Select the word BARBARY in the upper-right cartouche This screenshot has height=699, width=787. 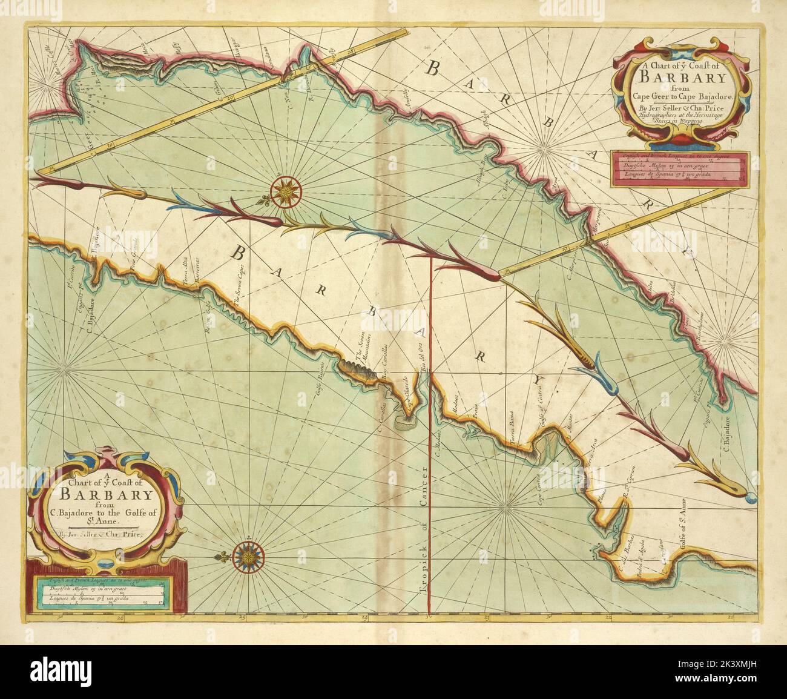pos(681,78)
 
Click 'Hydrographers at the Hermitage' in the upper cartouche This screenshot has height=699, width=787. pos(681,116)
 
